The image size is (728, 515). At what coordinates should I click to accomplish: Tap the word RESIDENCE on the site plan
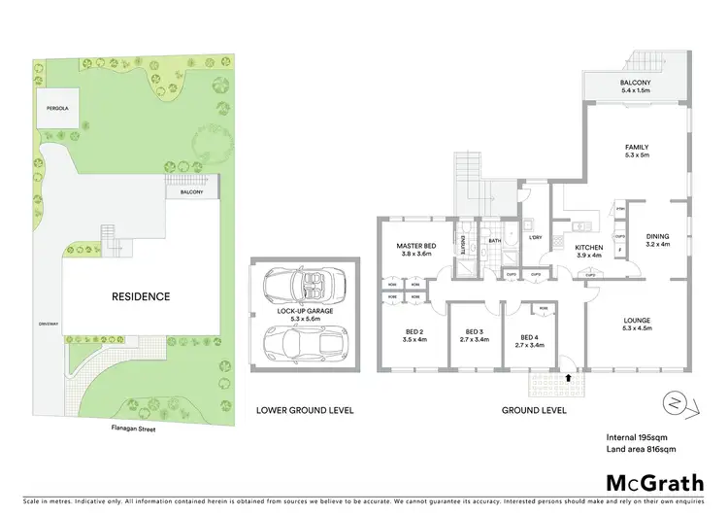click(140, 296)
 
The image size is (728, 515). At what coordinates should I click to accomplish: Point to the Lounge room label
click(638, 320)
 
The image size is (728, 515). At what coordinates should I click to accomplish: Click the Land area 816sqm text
click(641, 448)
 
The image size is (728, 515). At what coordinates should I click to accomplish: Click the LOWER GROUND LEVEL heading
click(305, 410)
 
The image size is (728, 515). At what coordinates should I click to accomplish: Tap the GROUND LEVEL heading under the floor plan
click(534, 410)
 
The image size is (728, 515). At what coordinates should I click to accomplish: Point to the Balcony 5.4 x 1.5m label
click(637, 87)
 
